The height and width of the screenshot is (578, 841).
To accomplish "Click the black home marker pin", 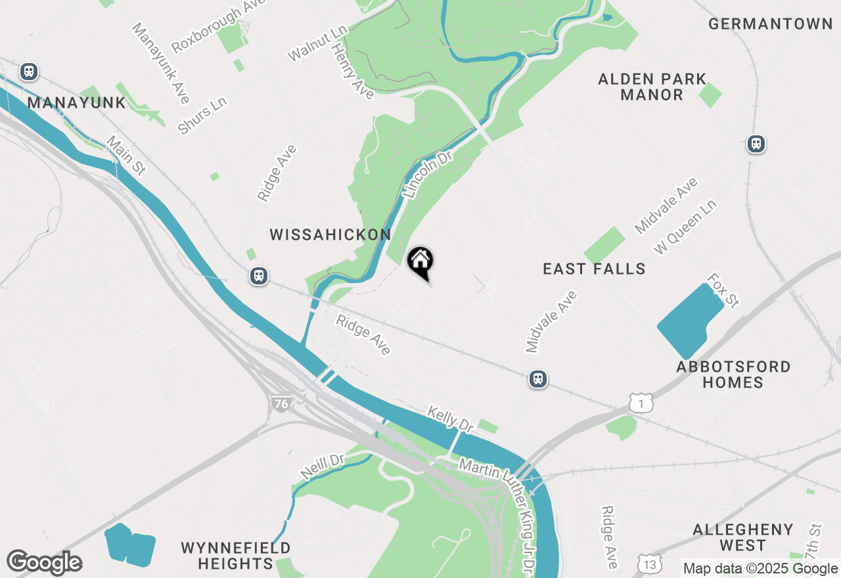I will [x=420, y=263].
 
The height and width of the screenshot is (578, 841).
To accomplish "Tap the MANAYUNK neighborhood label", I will [x=76, y=102].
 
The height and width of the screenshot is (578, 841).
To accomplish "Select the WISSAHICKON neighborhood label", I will [x=330, y=234].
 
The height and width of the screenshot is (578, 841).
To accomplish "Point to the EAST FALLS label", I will [x=594, y=269].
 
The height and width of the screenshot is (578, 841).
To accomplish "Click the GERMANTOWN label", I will [x=771, y=24].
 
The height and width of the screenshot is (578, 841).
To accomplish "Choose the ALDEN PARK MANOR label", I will [x=652, y=87].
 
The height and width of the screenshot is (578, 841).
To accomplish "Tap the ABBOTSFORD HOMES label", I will [x=733, y=374].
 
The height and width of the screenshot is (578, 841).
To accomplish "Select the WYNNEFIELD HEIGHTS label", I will [x=235, y=556].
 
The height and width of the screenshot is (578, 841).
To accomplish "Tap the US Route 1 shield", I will [x=641, y=404].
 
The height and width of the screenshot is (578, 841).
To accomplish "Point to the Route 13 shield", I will [x=648, y=564].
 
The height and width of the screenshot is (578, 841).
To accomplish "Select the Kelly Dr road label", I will [x=450, y=419].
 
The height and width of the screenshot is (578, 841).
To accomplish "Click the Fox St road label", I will [x=722, y=291].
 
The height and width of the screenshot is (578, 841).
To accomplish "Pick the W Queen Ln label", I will [x=685, y=227].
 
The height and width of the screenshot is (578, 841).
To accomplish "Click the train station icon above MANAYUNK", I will [x=28, y=72].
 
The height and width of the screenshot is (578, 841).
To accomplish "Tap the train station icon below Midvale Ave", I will [x=538, y=379].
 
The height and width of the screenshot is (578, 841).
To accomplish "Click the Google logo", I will [x=44, y=563].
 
